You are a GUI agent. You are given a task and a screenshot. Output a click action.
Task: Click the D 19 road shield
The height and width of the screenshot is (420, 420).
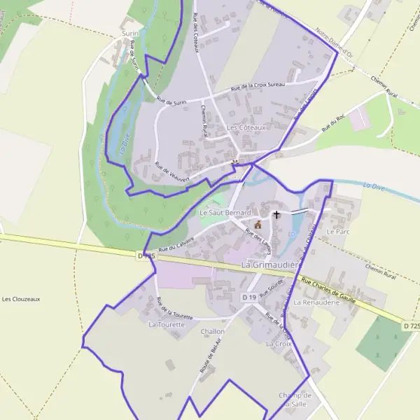pyautogui.click(x=248, y=297)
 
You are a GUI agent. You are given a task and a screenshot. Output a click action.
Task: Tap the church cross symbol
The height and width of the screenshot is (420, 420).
pyautogui.click(x=276, y=214)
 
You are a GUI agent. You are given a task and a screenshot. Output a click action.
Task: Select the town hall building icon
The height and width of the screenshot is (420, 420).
pyautogui.click(x=258, y=225)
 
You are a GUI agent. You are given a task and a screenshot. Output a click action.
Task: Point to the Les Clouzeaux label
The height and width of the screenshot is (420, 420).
pyautogui.click(x=21, y=299)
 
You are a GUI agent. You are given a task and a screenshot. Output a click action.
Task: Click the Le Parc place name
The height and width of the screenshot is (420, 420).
pyautogui.click(x=337, y=231)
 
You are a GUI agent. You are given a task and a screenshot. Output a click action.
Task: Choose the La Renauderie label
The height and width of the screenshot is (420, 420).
pyautogui.click(x=316, y=302)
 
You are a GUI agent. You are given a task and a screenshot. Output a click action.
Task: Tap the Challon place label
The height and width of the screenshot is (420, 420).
pyautogui.click(x=213, y=331)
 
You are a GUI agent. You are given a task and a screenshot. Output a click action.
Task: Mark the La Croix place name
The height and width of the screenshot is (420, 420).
pyautogui.click(x=278, y=344)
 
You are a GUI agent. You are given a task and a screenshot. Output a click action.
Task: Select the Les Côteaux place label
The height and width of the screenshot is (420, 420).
pyautogui.click(x=247, y=128)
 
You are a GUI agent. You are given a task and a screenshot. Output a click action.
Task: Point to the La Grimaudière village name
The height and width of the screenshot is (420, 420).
pyautogui.click(x=270, y=265)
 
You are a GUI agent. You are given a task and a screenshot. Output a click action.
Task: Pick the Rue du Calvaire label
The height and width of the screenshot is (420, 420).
pyautogui.click(x=176, y=244)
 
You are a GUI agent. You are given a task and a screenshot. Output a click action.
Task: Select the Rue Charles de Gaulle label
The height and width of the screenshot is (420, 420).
pyautogui.click(x=337, y=289)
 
